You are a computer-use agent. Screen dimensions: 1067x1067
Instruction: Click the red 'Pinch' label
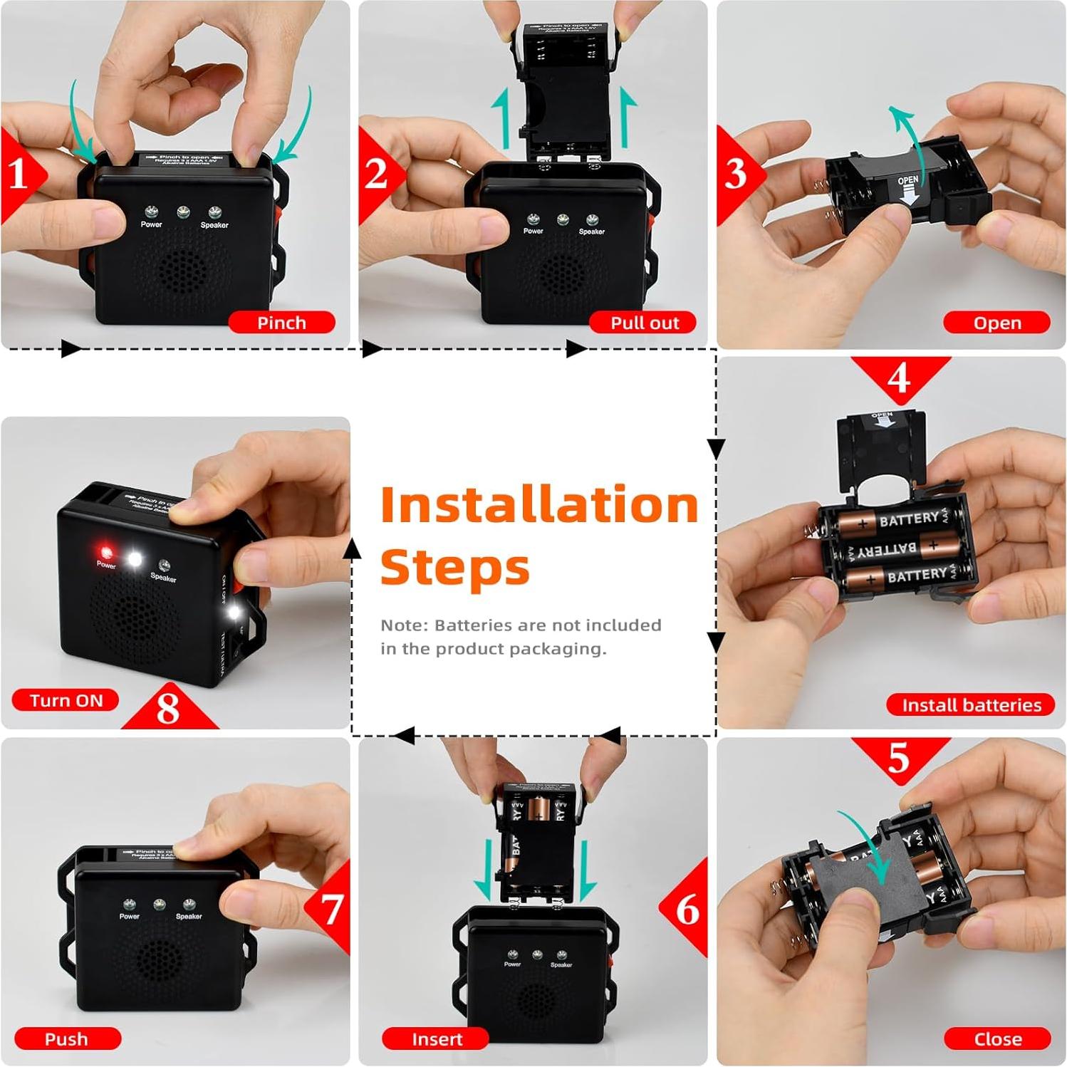[x=281, y=323]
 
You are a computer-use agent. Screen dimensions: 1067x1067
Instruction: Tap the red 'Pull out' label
[x=644, y=323]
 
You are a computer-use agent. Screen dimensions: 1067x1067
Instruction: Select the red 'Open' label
[x=996, y=323]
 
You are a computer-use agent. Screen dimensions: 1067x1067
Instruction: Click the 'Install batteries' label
[x=971, y=704]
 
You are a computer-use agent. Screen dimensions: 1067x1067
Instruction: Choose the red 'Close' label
[x=997, y=1039]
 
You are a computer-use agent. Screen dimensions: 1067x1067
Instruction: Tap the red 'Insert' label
[x=436, y=1039]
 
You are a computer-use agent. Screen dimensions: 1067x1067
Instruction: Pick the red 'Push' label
[x=67, y=1039]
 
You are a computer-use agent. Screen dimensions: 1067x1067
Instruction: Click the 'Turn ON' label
[x=66, y=700]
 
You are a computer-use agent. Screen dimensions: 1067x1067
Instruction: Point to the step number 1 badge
[x=19, y=173]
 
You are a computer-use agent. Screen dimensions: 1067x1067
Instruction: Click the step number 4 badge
[x=899, y=377]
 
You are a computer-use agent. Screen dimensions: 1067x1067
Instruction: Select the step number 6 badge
[x=687, y=909]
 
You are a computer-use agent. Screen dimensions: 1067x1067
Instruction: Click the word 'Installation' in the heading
[x=539, y=504]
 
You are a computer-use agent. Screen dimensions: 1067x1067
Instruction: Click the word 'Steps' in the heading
[x=455, y=568]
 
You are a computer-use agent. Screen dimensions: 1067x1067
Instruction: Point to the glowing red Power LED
[x=106, y=552]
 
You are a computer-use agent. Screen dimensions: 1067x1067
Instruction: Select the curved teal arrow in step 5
[x=868, y=844]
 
